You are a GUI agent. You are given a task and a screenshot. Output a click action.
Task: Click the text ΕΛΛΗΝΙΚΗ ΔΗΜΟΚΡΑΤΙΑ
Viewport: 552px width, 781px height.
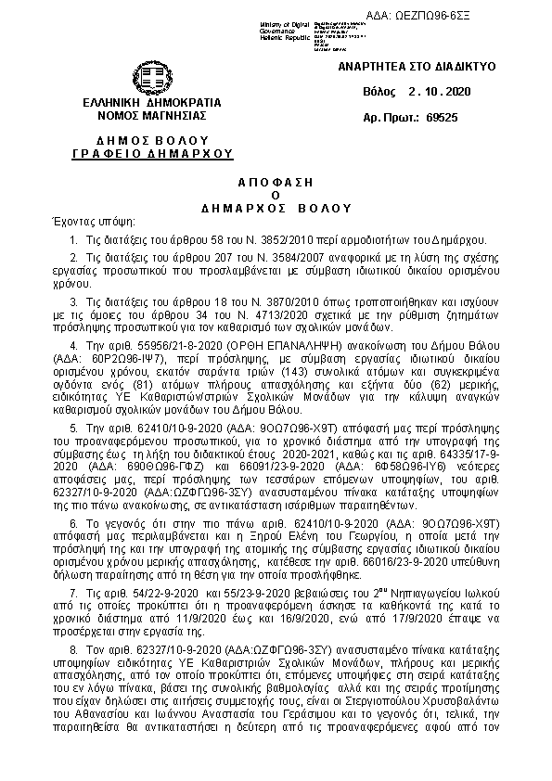pos(151,101)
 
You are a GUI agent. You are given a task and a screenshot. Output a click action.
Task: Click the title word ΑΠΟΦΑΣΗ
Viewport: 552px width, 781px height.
pos(276,177)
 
